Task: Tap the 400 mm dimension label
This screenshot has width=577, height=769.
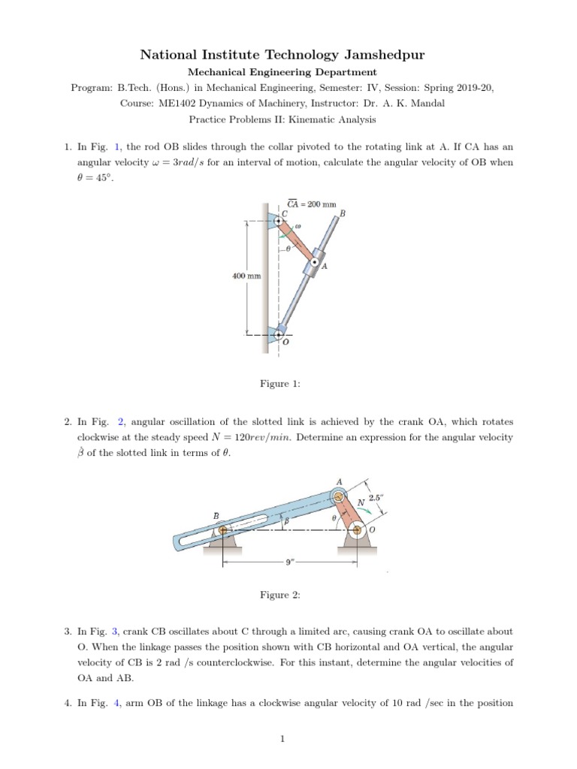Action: pos(246,276)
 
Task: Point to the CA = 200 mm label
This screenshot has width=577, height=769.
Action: pos(312,204)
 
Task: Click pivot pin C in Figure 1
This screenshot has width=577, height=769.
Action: pos(278,221)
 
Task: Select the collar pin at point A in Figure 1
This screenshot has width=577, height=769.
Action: pos(314,261)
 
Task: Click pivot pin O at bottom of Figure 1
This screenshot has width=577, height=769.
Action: pos(279,334)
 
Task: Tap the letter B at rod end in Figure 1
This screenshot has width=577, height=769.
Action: pos(343,213)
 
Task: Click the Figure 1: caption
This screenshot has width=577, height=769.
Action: pos(280,384)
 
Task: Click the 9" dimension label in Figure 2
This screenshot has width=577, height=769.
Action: pos(288,561)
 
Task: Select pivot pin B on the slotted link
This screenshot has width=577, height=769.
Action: pos(222,531)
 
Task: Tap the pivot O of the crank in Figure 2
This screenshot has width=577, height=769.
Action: pos(357,530)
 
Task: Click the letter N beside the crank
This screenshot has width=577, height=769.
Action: pos(361,502)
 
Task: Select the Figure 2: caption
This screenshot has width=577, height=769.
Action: pos(280,595)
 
